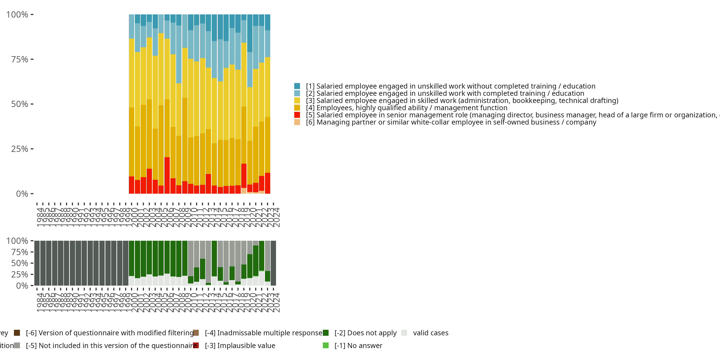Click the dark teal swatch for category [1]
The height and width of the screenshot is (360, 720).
click(297, 86)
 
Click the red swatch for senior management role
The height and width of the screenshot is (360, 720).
click(297, 115)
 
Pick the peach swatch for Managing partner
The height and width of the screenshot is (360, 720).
click(297, 122)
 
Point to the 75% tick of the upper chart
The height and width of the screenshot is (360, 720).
click(32, 59)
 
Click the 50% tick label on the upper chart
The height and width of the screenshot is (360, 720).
click(20, 104)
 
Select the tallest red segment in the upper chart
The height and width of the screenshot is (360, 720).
click(167, 175)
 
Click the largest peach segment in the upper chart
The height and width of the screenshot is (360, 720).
click(244, 191)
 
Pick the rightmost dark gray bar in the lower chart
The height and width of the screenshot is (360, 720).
click(273, 263)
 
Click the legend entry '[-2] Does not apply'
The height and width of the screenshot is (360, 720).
click(365, 333)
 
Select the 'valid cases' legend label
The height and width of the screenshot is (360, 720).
click(430, 333)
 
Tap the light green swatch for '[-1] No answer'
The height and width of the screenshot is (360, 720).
click(326, 345)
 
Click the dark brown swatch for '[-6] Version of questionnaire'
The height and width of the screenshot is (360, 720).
click(17, 333)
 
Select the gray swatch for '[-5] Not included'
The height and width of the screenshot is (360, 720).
click(17, 345)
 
